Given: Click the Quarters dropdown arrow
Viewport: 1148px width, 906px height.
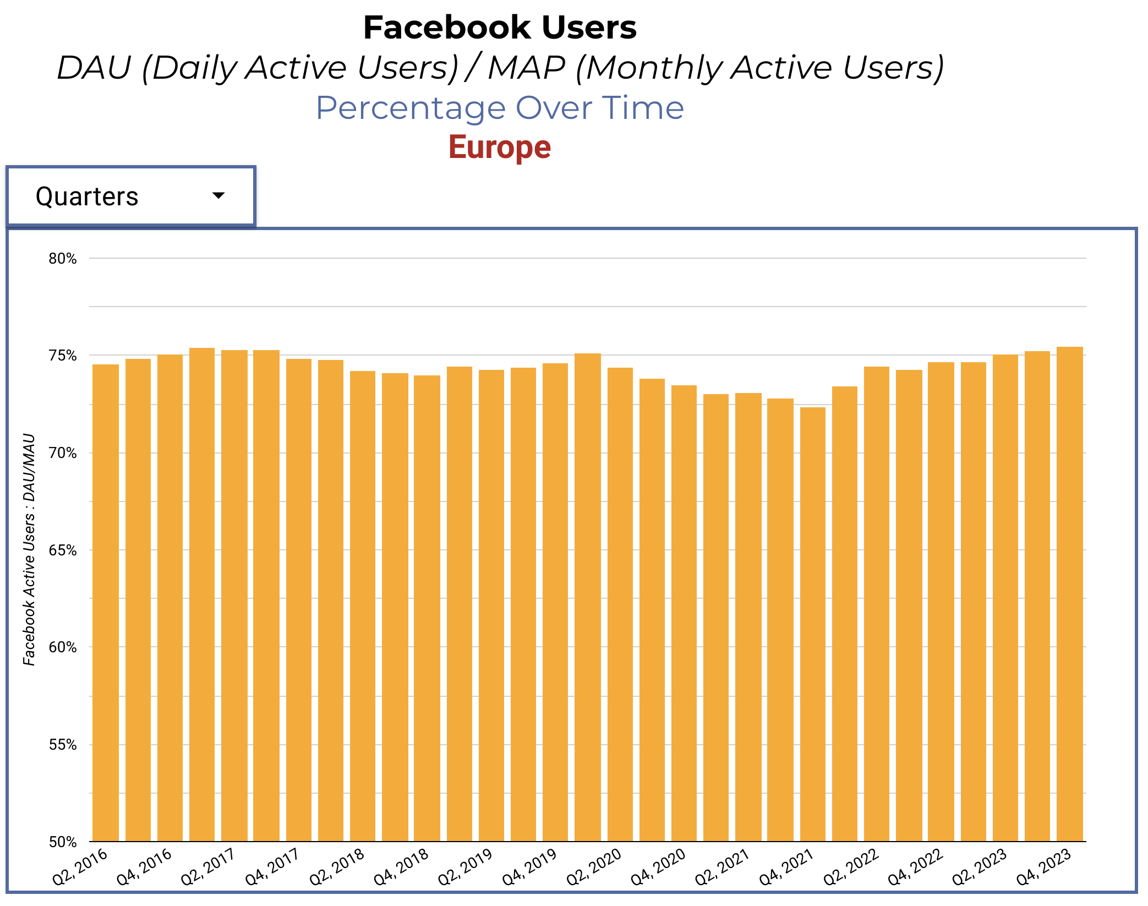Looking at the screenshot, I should [218, 196].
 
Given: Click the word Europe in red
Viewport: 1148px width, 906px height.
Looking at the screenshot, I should [500, 148].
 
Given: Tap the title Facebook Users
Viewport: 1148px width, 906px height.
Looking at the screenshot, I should [500, 28].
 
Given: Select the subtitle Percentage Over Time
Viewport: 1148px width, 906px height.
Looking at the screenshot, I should [500, 107].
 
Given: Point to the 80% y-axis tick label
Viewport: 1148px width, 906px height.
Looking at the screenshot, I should [63, 259].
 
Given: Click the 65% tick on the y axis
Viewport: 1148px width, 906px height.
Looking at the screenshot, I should [63, 550].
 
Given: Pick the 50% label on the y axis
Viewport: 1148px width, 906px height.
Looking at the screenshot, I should [63, 842].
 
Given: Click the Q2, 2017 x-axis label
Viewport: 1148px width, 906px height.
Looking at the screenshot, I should [208, 866].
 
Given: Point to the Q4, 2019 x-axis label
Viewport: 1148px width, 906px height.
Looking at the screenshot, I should [529, 866].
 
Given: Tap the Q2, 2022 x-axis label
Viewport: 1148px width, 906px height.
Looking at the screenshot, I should [851, 866].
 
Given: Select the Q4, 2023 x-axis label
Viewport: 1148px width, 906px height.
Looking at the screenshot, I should [1043, 866].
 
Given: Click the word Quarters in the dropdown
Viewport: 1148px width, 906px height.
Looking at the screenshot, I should [87, 197].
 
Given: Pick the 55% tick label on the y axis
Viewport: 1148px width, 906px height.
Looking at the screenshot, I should [63, 745].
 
